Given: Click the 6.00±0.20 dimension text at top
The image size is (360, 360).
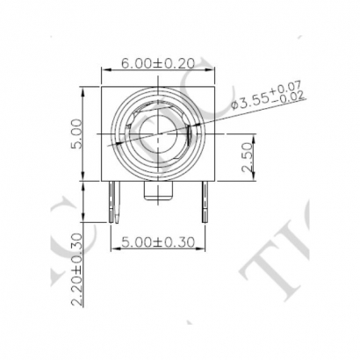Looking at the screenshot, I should tap(158, 65).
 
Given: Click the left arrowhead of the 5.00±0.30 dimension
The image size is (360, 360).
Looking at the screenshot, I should tap(112, 247).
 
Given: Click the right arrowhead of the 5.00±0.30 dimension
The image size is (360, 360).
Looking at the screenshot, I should tap(206, 247).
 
